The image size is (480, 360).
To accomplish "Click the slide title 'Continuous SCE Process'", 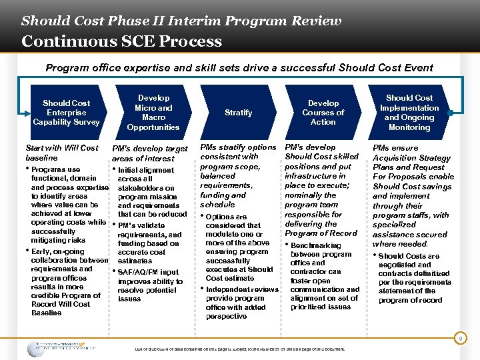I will [121, 41].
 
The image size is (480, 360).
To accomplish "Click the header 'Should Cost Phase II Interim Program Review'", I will [181, 20].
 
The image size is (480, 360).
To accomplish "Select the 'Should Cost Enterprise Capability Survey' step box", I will [66, 113].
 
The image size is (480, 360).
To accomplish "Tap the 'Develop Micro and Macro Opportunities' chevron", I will [153, 113].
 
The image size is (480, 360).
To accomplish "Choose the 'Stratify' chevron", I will [238, 113].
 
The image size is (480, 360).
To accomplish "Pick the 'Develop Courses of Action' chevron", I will [323, 113].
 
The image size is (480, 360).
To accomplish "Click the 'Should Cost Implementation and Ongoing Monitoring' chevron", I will [409, 113].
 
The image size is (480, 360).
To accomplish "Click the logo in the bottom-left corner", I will [61, 348].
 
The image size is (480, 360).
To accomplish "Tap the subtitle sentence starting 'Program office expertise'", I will [239, 67].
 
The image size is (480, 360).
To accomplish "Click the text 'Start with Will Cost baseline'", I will [61, 153].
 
